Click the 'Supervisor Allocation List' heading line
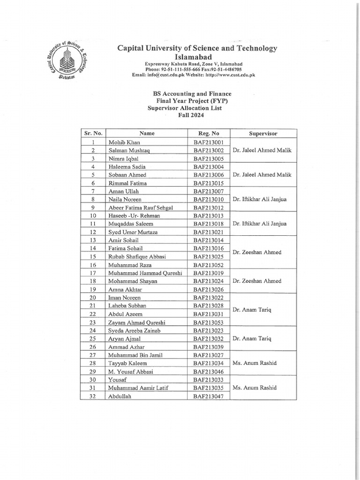pos(184,108)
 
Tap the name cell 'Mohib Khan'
pos(124,142)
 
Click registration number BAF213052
pos(209,265)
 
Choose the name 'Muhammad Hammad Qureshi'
pos(145,273)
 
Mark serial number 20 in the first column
pos(93,298)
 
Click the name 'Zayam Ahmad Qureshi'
pos(137,322)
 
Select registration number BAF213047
pos(209,396)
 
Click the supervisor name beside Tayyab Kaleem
pos(254,363)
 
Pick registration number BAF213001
pos(209,142)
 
